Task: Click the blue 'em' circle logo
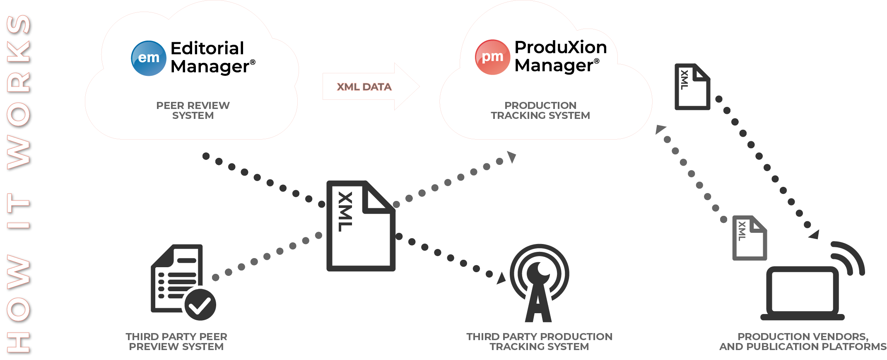pos(149,58)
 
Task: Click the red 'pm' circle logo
pos(492,57)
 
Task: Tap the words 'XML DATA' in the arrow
pos(364,87)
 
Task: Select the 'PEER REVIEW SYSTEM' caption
pos(193,111)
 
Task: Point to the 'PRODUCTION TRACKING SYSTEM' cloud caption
pos(540,111)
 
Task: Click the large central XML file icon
pos(361,226)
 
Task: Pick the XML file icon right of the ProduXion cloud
pos(692,87)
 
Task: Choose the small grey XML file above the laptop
pos(750,238)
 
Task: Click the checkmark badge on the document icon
pos(200,304)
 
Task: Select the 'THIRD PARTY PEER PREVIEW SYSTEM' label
pos(176,342)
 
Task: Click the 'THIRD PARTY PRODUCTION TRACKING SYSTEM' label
pos(539,342)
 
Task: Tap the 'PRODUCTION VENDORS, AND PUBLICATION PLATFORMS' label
pos(803,342)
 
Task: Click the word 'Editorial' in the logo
pos(207,48)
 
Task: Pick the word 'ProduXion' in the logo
pos(561,47)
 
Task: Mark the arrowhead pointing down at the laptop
pos(815,234)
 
